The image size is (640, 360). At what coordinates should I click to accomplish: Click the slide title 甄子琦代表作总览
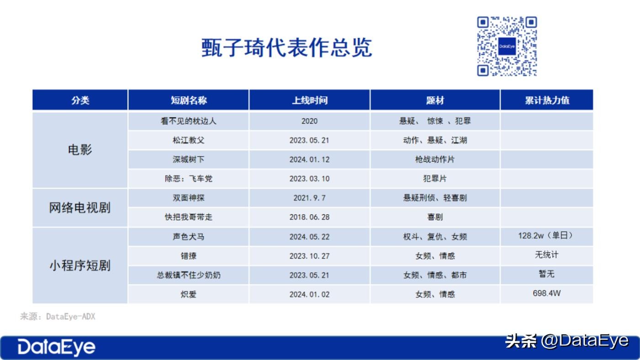287,48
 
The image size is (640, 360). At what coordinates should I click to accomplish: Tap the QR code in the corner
507,46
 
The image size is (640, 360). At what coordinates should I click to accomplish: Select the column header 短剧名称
188,100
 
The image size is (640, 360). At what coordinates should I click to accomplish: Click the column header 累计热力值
547,100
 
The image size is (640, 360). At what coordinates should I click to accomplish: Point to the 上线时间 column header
309,100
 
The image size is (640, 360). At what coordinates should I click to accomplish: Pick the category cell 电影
80,149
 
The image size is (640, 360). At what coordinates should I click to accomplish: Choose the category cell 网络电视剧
80,207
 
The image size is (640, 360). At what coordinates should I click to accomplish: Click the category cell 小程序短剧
80,265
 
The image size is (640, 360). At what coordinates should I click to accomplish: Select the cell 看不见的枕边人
188,121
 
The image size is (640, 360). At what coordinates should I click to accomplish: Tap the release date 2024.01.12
309,159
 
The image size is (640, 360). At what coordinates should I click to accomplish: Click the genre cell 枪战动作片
435,159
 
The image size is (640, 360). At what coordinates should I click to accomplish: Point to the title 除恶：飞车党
188,179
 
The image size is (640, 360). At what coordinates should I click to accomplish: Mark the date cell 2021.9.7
309,198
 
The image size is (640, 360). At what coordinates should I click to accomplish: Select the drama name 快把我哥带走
188,217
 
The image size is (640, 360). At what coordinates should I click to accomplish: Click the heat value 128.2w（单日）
547,236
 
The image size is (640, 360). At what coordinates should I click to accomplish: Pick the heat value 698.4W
547,293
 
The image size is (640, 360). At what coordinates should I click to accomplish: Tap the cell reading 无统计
547,254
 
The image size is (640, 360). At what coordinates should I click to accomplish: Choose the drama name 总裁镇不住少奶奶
188,275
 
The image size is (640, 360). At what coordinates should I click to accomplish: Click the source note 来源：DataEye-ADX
58,316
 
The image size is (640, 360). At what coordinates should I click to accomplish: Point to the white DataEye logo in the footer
56,347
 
